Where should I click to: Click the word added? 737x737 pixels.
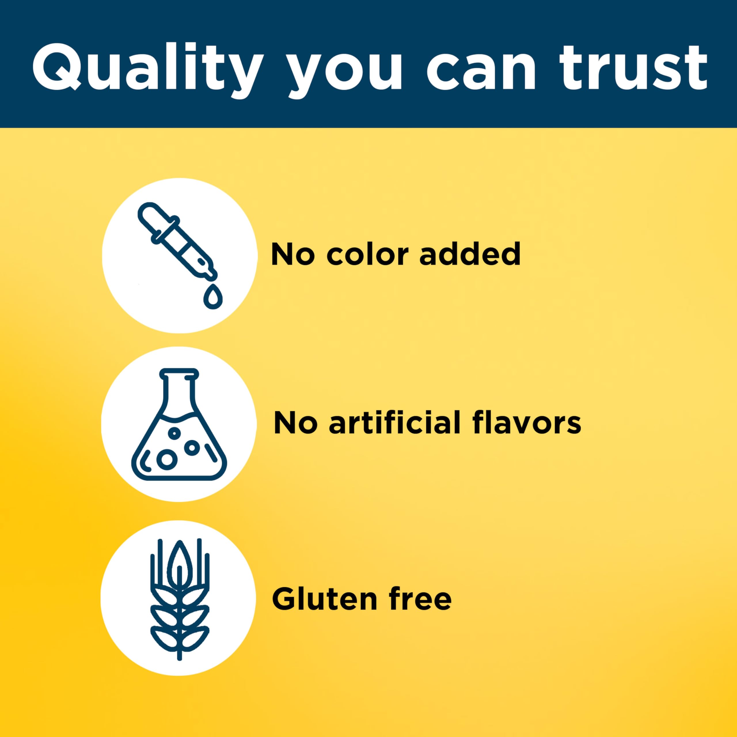(470, 254)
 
